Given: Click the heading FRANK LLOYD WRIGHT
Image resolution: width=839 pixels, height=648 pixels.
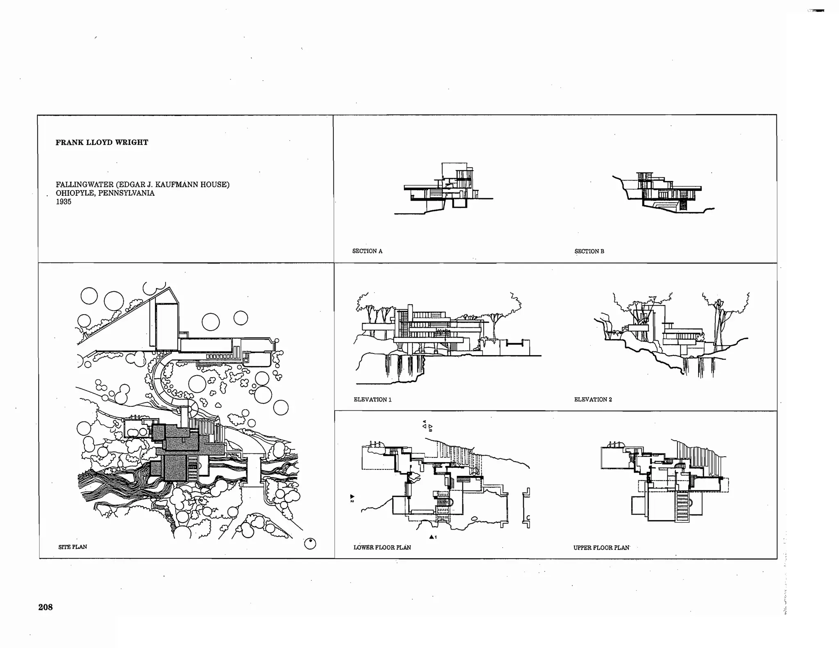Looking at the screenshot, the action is (x=102, y=143).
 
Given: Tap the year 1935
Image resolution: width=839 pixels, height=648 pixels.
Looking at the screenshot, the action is (x=63, y=202).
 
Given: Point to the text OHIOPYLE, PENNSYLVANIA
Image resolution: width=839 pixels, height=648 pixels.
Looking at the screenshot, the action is (x=105, y=193).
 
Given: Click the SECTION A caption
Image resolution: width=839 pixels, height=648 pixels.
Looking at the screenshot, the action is (x=367, y=251).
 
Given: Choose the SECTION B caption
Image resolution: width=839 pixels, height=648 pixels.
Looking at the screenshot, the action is (x=589, y=251).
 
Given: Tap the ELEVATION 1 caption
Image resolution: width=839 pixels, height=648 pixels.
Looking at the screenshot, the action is (x=372, y=399).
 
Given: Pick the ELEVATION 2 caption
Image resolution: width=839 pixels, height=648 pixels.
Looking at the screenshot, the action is (x=593, y=399).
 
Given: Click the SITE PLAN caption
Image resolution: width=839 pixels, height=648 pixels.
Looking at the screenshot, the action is (x=73, y=547).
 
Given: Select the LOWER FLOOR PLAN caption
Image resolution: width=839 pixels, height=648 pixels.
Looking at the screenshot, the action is (x=382, y=547).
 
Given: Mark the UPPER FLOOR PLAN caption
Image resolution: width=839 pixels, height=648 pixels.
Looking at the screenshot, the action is (x=601, y=548).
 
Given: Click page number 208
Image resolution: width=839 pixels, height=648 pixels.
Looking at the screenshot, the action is (x=45, y=607).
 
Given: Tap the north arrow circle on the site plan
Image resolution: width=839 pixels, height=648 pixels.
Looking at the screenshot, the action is (x=310, y=544).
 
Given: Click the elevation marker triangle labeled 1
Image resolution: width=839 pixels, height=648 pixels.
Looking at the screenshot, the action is (x=431, y=537).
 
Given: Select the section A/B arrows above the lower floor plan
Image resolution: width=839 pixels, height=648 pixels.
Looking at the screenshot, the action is (x=427, y=426).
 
